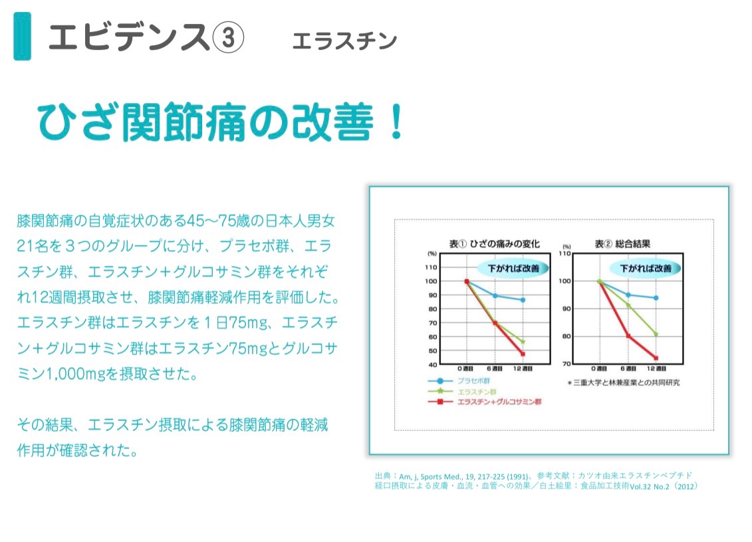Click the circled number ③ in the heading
[x=228, y=38]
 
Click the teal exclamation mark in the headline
[x=396, y=122]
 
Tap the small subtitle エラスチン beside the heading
[x=344, y=41]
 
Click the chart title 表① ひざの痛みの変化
[x=494, y=243]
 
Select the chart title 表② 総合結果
[x=622, y=243]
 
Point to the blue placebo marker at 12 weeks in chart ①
[x=523, y=300]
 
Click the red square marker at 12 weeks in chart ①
[x=523, y=354]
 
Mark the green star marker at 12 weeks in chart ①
[x=523, y=342]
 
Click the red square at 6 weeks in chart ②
[x=628, y=336]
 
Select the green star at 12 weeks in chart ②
[x=656, y=335]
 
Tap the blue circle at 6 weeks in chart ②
[x=628, y=295]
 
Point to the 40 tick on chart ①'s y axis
[x=433, y=364]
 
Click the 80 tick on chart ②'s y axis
[x=566, y=337]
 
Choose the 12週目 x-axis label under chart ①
[x=523, y=368]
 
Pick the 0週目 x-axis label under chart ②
[x=599, y=368]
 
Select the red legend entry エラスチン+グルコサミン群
[x=499, y=402]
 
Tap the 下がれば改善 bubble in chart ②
[x=645, y=269]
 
